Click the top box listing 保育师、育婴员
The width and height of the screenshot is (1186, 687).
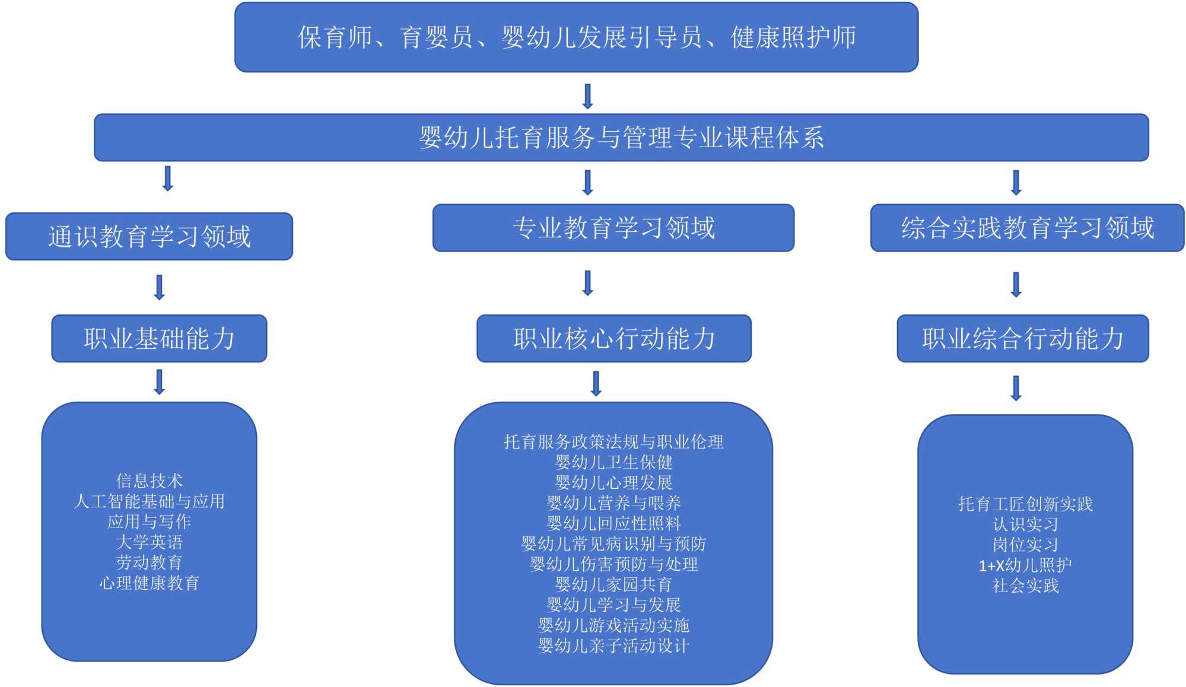tap(576, 37)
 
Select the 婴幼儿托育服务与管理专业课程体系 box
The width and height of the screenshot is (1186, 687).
tap(621, 138)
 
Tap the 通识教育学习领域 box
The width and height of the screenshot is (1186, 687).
tap(149, 237)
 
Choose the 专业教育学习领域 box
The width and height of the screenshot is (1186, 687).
tap(613, 228)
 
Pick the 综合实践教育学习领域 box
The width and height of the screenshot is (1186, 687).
tap(1027, 228)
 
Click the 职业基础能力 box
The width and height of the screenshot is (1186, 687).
tap(159, 339)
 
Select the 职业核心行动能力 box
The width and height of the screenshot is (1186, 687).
tap(614, 339)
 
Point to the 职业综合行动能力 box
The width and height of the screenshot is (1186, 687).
tap(1023, 339)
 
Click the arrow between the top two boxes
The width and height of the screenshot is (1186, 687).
tap(588, 96)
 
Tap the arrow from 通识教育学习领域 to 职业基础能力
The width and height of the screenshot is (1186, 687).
tap(159, 287)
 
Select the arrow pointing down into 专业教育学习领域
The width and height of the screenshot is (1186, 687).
tap(588, 183)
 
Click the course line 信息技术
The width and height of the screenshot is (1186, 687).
tap(149, 481)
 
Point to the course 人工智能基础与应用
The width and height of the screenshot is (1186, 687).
tap(149, 501)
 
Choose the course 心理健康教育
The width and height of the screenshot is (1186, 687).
tap(149, 583)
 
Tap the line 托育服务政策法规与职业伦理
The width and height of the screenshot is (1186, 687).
tap(613, 442)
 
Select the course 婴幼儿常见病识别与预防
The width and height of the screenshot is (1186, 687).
tap(613, 544)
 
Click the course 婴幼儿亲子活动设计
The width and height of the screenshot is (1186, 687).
tap(613, 646)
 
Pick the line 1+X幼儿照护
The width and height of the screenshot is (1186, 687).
tap(1025, 565)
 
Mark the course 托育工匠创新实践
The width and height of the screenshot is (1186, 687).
tap(1025, 504)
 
